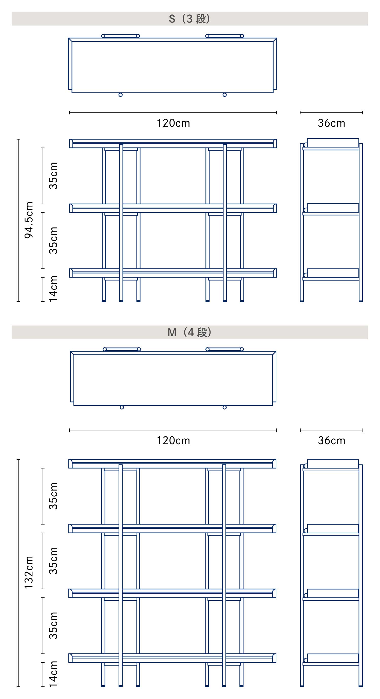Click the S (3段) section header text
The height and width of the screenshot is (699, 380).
pos(189,19)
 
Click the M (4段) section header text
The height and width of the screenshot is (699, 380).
pos(189,332)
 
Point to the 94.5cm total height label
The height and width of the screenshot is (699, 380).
pos(29,220)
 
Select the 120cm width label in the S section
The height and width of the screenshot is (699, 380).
pos(173,123)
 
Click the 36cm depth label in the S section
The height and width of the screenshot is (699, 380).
pos(331,123)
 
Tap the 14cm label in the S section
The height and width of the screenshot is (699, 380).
pos(53,289)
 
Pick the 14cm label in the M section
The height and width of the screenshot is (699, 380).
pos(53,674)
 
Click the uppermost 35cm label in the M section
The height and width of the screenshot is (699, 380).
pos(53,496)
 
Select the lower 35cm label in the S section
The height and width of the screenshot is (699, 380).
pos(53,240)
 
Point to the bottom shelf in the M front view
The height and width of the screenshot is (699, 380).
pos(172,658)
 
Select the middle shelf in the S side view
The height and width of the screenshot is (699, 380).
pos(331,209)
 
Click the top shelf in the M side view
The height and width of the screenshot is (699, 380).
pos(331,465)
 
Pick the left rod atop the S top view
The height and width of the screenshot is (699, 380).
pos(121,36)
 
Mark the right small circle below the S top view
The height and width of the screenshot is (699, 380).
pos(224,95)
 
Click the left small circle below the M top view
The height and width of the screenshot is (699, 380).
pos(122,407)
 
